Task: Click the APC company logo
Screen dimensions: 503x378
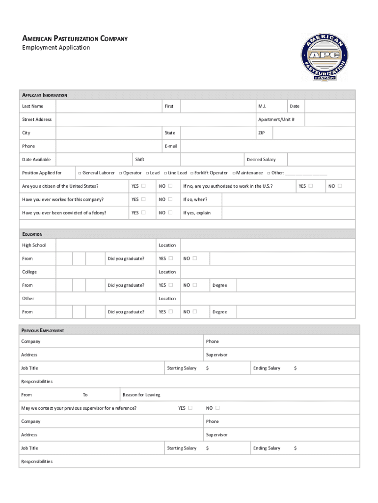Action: (x=324, y=57)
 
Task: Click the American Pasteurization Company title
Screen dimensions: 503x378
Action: (x=75, y=38)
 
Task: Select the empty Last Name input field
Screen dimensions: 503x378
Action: (x=108, y=106)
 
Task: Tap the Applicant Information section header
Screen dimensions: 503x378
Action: (x=44, y=95)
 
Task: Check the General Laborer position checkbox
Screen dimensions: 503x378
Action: (x=80, y=173)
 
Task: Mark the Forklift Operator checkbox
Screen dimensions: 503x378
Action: (x=191, y=173)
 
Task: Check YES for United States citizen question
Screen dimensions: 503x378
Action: (x=143, y=186)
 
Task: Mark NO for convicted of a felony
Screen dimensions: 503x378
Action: (x=170, y=213)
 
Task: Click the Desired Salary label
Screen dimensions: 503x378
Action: (x=261, y=160)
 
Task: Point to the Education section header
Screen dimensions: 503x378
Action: (x=32, y=234)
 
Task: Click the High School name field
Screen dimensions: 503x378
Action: (x=105, y=245)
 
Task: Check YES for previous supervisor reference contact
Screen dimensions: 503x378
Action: (x=190, y=408)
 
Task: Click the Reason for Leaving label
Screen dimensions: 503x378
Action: (x=141, y=395)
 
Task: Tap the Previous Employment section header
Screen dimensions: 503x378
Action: (x=42, y=331)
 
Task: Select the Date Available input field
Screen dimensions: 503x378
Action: (x=93, y=160)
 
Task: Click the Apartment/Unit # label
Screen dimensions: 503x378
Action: (x=276, y=120)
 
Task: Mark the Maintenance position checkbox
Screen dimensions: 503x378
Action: (x=234, y=173)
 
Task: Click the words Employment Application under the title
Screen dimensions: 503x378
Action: (x=56, y=48)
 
